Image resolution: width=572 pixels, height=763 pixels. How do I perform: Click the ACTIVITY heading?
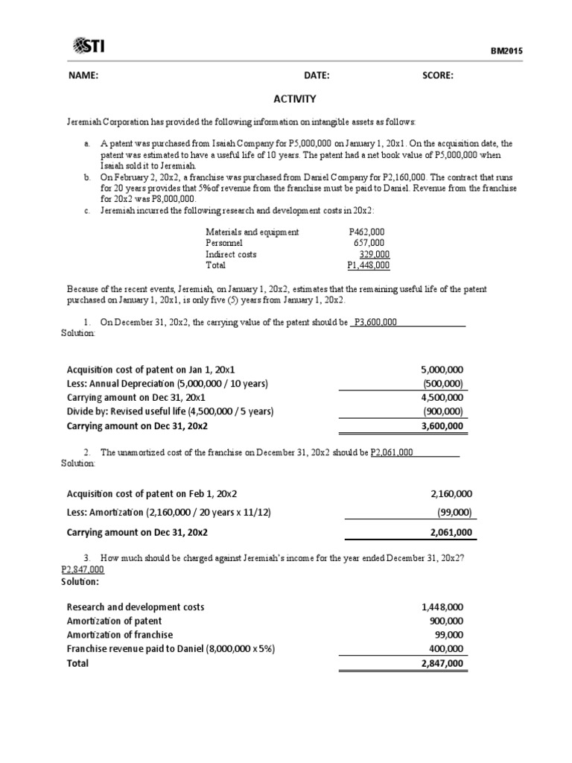pyautogui.click(x=296, y=98)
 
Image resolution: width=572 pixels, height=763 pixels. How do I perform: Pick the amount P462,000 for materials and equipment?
pyautogui.click(x=366, y=232)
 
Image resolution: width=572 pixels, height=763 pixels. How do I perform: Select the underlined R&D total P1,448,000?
pyautogui.click(x=369, y=265)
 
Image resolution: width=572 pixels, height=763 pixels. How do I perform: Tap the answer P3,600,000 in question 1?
pyautogui.click(x=375, y=322)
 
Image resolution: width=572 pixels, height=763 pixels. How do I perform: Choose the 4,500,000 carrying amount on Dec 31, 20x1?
pyautogui.click(x=442, y=397)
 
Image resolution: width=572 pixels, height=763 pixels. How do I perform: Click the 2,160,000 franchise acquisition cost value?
pyautogui.click(x=451, y=493)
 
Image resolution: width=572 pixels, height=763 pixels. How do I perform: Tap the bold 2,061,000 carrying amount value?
pyautogui.click(x=451, y=533)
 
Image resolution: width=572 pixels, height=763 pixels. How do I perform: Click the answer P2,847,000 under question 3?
pyautogui.click(x=82, y=569)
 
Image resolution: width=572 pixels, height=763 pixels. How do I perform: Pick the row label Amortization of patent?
pyautogui.click(x=114, y=621)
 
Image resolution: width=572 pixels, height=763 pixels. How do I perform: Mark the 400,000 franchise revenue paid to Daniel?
pyautogui.click(x=446, y=649)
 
